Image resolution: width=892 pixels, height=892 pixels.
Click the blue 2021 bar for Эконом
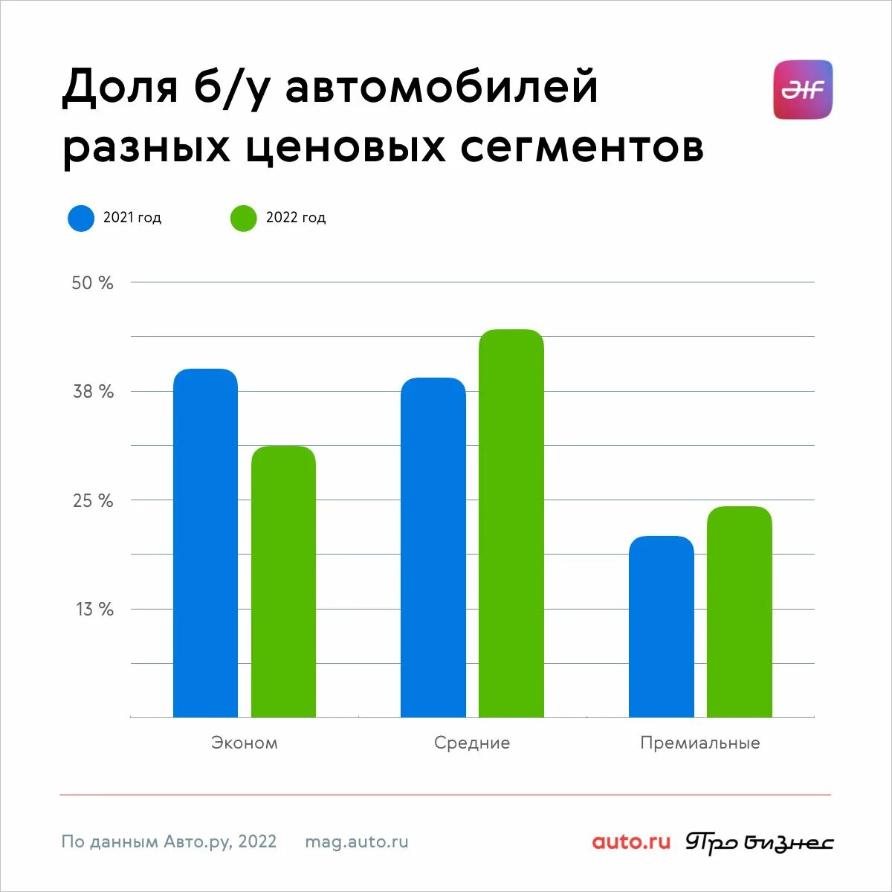[205, 543]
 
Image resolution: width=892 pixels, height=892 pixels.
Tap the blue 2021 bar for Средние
[433, 547]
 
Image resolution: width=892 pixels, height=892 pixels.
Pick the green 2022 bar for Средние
[511, 523]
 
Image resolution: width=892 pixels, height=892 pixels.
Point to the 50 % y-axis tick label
[92, 283]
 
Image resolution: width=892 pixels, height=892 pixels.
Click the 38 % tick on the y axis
[93, 392]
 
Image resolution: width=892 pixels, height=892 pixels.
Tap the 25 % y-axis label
[93, 501]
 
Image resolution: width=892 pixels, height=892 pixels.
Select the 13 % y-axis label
[94, 610]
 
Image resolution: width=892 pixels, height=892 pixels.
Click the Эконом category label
[245, 743]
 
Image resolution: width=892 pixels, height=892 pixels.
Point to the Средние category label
[472, 743]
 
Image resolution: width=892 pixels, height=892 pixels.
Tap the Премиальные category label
[700, 743]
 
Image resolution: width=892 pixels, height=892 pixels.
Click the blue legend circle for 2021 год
[81, 218]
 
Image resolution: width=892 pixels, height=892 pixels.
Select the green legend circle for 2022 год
[243, 218]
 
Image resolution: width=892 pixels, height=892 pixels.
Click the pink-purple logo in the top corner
[803, 90]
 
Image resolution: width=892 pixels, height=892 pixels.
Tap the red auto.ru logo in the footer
[631, 842]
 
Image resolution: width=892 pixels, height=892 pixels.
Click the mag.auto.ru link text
[357, 842]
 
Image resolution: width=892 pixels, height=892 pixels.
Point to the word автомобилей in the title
[442, 87]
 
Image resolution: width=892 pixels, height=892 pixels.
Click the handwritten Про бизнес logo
[759, 843]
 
